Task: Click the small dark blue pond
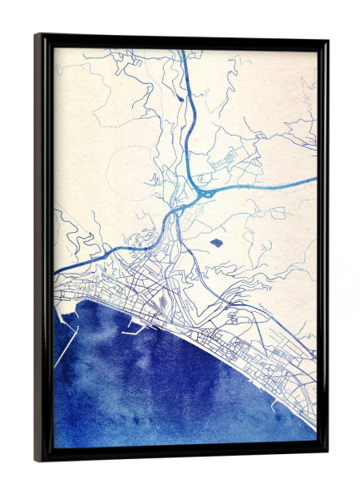(216, 243)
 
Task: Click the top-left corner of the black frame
(37, 36)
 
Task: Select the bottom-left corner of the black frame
(37, 460)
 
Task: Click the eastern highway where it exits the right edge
(315, 178)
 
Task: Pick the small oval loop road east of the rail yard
(230, 315)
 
